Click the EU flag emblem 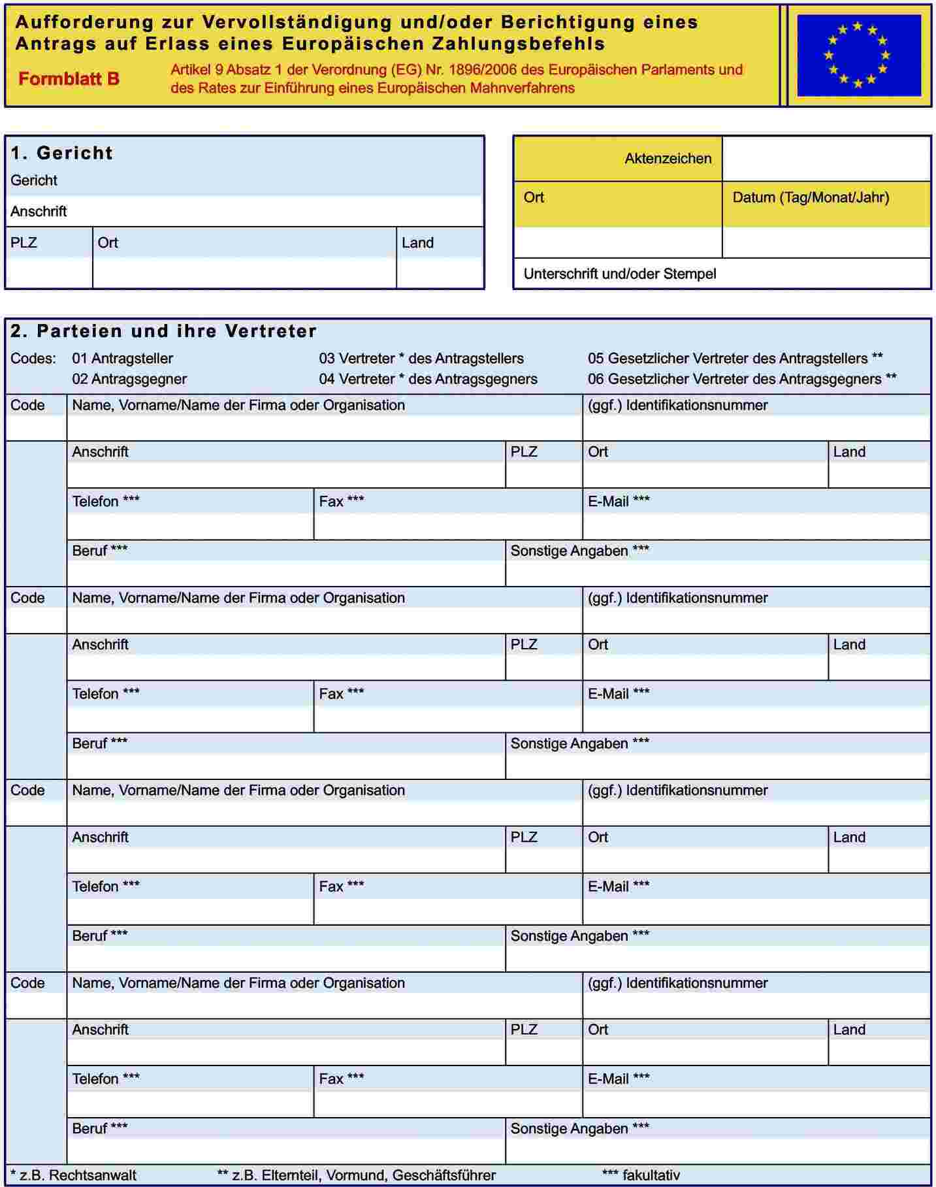(858, 56)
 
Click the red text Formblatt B (69, 79)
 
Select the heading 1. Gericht (62, 153)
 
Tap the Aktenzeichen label (668, 158)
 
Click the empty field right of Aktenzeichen (826, 158)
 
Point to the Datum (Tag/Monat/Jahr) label (811, 197)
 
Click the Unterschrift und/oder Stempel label (619, 274)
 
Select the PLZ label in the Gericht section (24, 243)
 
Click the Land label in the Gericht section (417, 243)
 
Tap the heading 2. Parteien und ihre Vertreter (163, 331)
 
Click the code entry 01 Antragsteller (122, 359)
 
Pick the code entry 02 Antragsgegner (129, 379)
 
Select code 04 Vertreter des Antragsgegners (428, 379)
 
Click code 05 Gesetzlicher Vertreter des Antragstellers (735, 359)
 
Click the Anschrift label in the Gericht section (39, 212)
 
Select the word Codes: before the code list (33, 359)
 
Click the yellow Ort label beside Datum (534, 197)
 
